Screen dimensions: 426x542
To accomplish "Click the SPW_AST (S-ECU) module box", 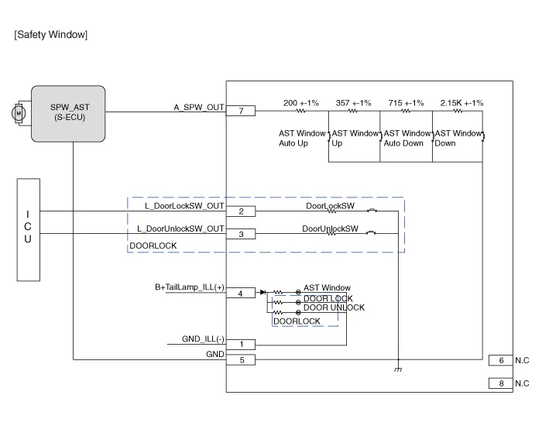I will click(68, 113).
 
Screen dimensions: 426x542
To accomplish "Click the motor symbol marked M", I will click(17, 113).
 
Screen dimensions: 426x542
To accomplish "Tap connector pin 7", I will click(241, 112).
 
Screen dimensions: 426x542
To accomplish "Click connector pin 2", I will click(241, 211).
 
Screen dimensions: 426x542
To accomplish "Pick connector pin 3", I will click(241, 234).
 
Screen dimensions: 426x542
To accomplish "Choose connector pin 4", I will click(241, 293).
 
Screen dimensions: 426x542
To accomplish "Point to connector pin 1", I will click(241, 344).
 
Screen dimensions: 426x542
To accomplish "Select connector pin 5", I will click(241, 359).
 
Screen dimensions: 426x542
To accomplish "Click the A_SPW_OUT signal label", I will click(199, 107).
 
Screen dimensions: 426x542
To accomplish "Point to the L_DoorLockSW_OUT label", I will click(180, 207).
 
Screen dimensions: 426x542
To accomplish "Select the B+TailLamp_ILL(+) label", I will click(190, 287).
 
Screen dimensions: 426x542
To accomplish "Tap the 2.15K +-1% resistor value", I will click(461, 102).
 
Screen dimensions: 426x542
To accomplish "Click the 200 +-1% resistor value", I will click(300, 102).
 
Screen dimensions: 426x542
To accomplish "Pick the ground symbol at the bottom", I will click(398, 370).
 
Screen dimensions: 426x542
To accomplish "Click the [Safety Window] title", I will click(51, 35).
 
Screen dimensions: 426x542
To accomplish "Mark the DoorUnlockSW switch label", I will click(330, 228).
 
